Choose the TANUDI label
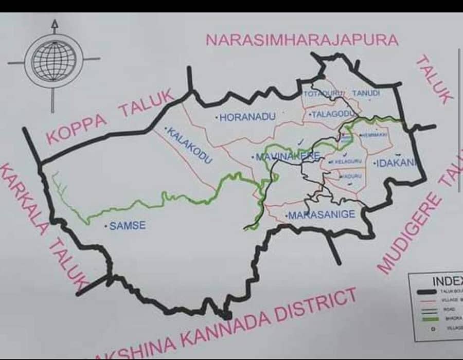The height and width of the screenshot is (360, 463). tap(366, 93)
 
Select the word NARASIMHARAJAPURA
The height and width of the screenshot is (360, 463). tap(302, 40)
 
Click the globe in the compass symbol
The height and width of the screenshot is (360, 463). tap(54, 61)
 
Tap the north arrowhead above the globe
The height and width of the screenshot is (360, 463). tap(54, 24)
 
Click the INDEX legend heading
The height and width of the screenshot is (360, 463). tap(447, 281)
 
